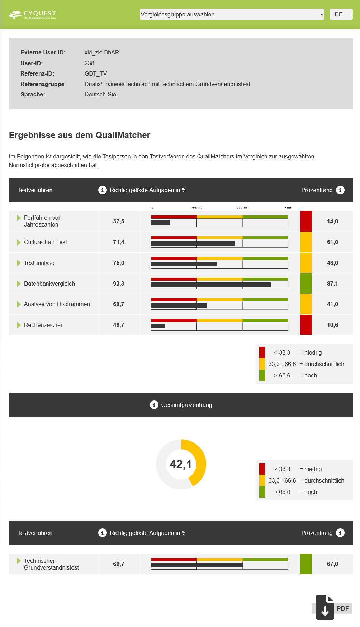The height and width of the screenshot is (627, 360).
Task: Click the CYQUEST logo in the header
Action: (x=32, y=15)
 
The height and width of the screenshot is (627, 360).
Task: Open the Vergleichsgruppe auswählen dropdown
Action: (x=232, y=14)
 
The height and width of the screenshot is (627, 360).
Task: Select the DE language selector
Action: (x=341, y=14)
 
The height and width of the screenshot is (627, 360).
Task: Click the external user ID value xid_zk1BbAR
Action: (x=102, y=53)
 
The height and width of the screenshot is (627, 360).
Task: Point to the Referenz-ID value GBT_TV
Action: (x=96, y=73)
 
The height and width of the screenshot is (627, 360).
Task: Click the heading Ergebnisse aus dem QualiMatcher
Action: (x=80, y=135)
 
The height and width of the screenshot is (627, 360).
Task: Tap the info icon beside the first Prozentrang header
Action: (x=340, y=190)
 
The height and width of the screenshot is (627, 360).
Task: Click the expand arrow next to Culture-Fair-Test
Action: (x=19, y=242)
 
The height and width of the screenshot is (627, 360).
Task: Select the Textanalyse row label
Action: (x=39, y=263)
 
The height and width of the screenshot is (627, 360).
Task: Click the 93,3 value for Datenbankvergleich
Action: (x=119, y=284)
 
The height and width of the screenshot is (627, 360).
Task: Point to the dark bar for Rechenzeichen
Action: (x=158, y=326)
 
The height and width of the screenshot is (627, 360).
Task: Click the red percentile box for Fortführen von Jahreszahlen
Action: (x=306, y=221)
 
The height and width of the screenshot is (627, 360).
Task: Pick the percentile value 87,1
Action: (x=332, y=284)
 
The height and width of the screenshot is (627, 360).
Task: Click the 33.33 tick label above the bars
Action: (x=196, y=208)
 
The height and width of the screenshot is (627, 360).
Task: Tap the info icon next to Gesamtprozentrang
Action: (x=154, y=405)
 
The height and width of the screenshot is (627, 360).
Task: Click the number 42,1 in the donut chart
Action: (x=181, y=464)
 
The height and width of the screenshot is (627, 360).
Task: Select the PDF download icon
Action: (x=325, y=608)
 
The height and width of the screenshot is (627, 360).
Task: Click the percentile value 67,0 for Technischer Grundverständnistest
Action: (x=332, y=564)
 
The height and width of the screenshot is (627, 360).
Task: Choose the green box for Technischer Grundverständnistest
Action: (x=306, y=564)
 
